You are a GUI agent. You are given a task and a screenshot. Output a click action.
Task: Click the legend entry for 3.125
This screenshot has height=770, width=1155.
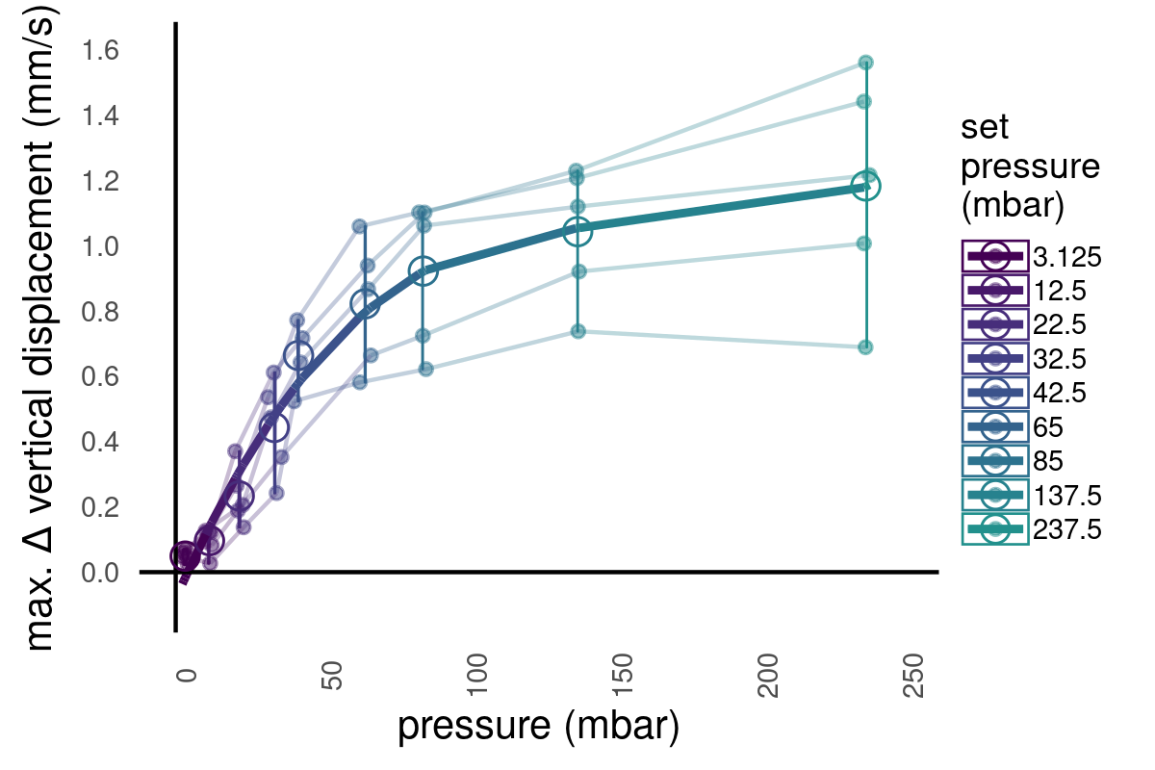click(1031, 257)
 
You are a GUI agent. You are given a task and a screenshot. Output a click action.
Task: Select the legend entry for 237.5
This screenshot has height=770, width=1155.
click(1031, 528)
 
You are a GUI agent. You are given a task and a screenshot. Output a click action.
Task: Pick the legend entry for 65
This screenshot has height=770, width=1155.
click(1031, 426)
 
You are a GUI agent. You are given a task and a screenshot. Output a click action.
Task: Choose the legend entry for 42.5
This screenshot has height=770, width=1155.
click(1031, 393)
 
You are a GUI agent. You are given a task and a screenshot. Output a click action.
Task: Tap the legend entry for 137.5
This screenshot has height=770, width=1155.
click(1031, 495)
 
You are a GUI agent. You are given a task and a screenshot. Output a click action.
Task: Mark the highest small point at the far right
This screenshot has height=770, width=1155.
click(865, 63)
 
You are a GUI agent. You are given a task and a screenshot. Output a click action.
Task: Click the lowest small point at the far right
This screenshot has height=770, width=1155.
click(865, 346)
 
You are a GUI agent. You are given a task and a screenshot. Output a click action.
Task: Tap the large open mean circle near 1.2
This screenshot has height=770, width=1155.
click(866, 186)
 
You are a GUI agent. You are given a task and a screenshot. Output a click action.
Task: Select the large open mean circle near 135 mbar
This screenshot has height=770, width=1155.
click(577, 231)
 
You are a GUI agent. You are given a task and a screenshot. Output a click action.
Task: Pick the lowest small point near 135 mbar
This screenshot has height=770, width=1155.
click(578, 331)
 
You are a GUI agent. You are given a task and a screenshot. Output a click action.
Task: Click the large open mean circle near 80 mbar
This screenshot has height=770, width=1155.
click(423, 271)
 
